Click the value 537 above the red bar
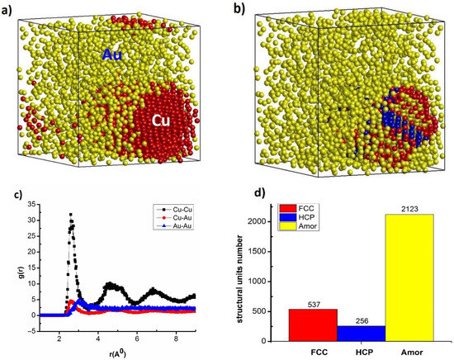314,303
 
